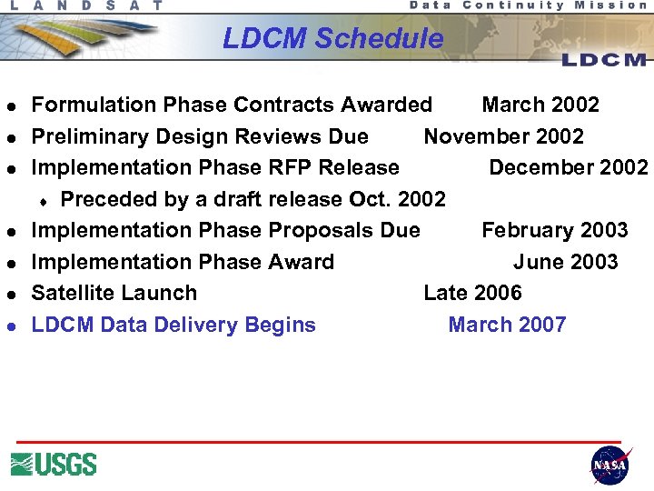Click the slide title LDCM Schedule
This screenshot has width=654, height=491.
[332, 38]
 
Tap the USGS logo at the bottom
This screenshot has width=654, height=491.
[54, 464]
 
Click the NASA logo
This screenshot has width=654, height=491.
[609, 465]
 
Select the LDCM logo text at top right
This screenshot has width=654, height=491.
[604, 60]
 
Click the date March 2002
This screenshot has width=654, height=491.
[540, 105]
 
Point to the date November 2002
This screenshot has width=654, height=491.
[503, 136]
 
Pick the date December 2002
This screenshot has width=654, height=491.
[569, 167]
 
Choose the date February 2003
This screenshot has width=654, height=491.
[554, 230]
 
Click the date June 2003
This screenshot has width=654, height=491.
[565, 262]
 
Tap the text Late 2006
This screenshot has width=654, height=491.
[472, 293]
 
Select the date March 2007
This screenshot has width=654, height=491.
[507, 325]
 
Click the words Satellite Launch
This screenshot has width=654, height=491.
[114, 293]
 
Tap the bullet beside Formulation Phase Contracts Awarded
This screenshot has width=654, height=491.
[13, 105]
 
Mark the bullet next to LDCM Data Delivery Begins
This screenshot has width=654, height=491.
[13, 326]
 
